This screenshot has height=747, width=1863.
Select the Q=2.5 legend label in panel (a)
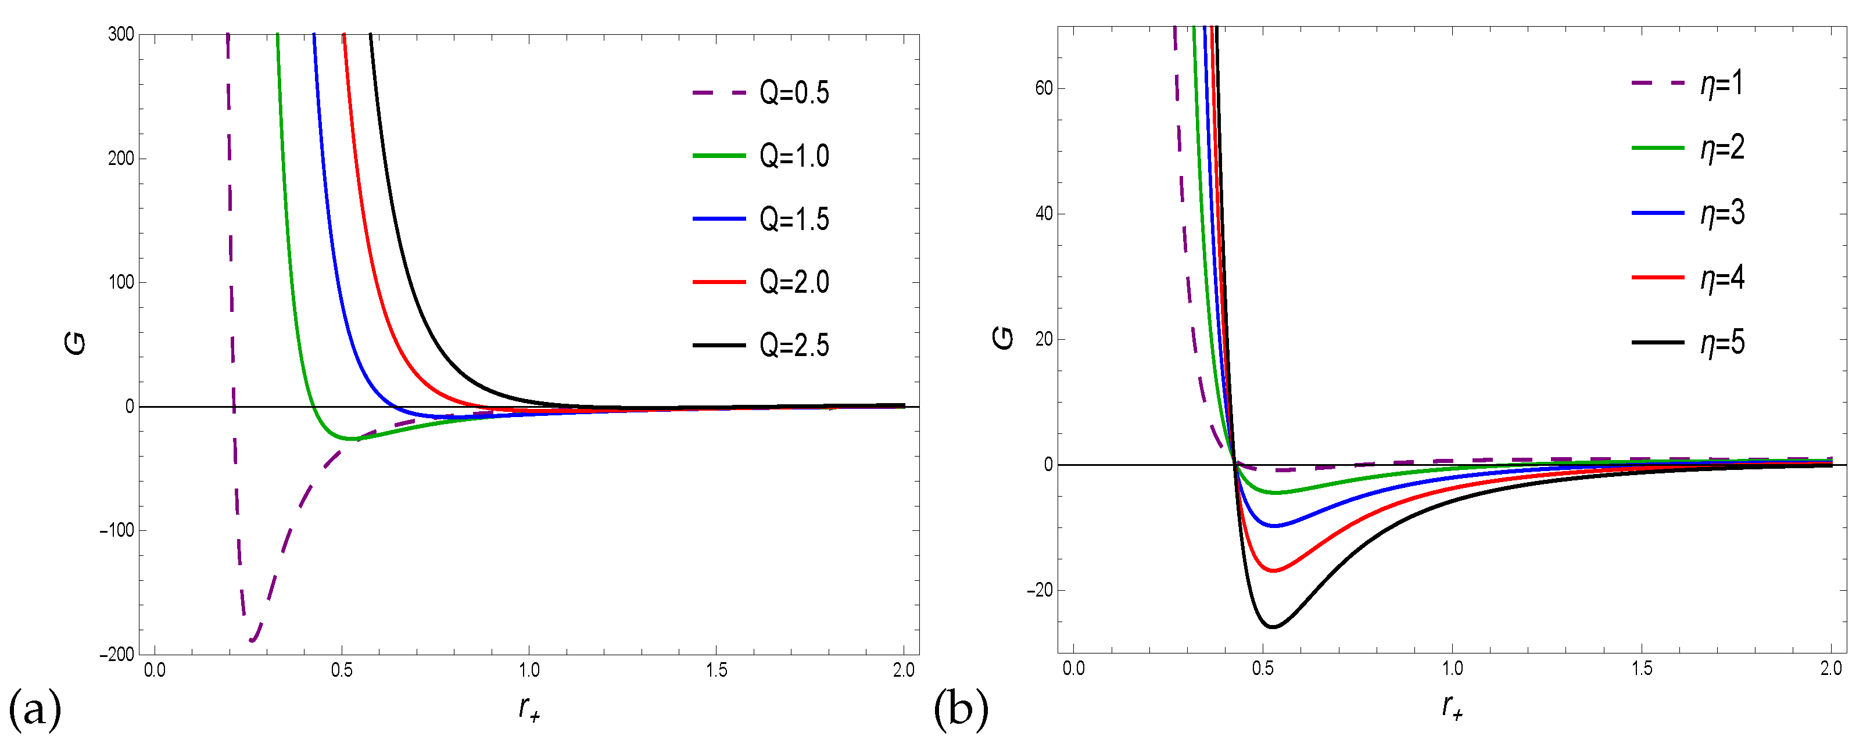coord(794,346)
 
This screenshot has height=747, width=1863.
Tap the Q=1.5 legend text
coord(794,219)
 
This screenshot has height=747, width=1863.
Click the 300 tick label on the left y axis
coord(121,35)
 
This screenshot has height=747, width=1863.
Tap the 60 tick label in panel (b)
coord(1044,88)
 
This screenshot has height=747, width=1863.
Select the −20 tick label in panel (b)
coord(1040,591)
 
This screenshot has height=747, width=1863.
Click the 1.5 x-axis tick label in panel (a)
coord(716,671)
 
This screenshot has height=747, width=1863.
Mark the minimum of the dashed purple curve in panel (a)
coord(252,640)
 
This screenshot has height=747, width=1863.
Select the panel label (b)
coord(961,710)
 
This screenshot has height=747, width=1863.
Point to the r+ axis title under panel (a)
coord(529,709)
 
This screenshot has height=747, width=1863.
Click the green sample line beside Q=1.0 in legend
coord(718,156)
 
